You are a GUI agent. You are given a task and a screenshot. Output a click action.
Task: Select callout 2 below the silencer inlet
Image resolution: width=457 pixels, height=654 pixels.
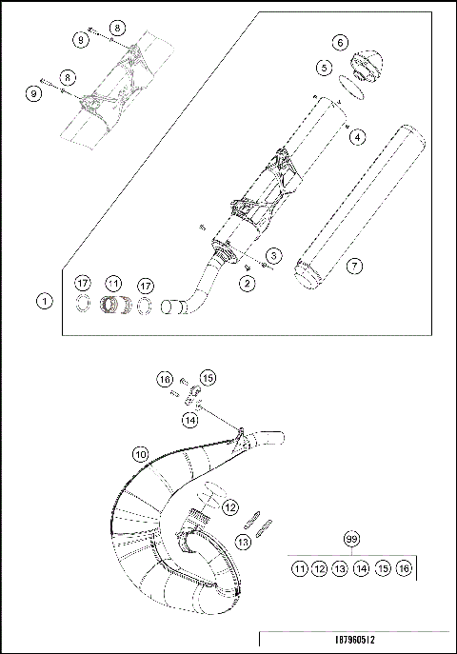click(x=247, y=283)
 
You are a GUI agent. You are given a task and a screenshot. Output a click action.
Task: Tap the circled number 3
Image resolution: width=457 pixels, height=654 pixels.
click(x=273, y=255)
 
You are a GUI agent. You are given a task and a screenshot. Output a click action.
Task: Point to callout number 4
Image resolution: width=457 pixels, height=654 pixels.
click(x=356, y=137)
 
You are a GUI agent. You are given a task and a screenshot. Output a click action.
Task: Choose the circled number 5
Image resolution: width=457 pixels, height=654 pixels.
click(x=325, y=68)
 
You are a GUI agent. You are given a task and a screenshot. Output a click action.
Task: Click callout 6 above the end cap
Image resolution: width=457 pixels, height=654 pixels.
click(x=339, y=42)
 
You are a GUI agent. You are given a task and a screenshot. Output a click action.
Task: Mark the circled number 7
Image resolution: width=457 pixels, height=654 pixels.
click(x=353, y=266)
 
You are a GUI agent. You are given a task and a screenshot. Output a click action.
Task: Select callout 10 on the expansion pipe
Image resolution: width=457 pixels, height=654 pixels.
click(x=139, y=455)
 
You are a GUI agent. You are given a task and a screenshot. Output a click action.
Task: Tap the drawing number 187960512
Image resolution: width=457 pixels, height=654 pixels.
click(x=353, y=642)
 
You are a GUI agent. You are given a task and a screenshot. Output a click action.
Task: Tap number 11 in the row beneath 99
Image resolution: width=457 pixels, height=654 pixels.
click(x=299, y=568)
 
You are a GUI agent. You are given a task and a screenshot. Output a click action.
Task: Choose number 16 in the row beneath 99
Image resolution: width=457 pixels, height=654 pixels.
click(x=404, y=568)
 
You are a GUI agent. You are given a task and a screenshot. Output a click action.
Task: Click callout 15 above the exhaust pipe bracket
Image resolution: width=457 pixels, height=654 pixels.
click(x=209, y=377)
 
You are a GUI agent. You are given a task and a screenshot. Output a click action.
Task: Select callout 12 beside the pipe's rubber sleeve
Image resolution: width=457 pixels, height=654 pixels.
click(x=229, y=507)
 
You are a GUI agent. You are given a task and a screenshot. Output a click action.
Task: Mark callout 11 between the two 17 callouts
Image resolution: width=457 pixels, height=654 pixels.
click(x=114, y=284)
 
